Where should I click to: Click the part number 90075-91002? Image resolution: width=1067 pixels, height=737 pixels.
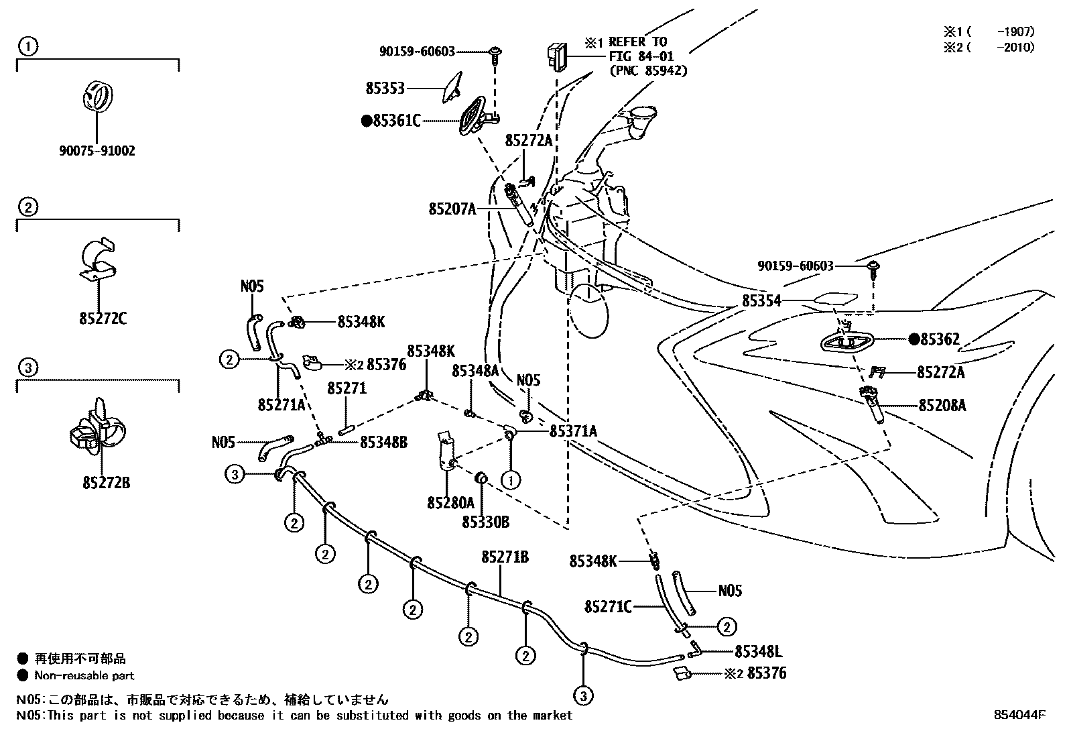point(97,151)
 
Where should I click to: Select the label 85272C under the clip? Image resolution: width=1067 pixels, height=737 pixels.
point(103,318)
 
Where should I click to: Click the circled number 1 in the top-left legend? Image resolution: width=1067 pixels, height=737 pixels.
point(27,46)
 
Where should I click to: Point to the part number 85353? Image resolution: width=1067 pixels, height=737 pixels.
point(385,88)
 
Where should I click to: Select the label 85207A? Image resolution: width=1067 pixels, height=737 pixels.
point(452,209)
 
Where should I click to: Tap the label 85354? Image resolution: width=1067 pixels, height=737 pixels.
point(761,301)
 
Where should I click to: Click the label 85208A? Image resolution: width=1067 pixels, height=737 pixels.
point(942,405)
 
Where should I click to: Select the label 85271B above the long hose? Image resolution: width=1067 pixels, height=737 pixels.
point(505,557)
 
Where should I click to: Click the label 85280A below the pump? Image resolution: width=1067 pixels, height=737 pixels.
point(450,502)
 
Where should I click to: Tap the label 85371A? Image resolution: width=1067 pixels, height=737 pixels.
point(573,431)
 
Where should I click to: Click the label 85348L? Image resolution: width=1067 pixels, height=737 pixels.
point(759,651)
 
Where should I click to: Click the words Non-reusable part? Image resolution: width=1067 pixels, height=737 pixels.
point(84,675)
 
